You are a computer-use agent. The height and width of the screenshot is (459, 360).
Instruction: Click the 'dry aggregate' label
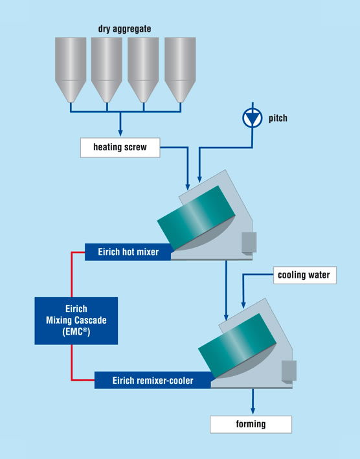(x=125, y=29)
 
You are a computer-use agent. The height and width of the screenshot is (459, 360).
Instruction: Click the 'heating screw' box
(x=120, y=148)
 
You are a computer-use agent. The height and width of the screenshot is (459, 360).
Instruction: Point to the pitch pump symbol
(x=253, y=118)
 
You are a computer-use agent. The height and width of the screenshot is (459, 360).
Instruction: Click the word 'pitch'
(x=278, y=118)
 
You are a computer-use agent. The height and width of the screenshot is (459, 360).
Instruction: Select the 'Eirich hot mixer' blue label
(x=128, y=252)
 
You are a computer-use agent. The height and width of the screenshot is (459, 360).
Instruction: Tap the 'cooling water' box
(x=305, y=275)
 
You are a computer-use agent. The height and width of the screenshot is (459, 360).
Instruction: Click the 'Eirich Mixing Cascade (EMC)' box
(x=76, y=320)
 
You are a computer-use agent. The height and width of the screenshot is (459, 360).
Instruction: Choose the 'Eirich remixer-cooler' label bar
(x=153, y=380)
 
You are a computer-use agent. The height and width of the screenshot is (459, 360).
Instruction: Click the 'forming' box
(x=251, y=424)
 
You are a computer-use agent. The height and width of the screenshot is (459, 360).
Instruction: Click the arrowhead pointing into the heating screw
(x=120, y=133)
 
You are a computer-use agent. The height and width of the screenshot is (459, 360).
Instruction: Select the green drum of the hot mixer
(x=196, y=218)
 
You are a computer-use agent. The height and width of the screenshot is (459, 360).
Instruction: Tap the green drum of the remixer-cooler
(x=237, y=346)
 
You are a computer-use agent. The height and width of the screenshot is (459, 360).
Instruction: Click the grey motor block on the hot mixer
(x=249, y=242)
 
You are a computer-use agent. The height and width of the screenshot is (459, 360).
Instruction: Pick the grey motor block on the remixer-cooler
(x=289, y=371)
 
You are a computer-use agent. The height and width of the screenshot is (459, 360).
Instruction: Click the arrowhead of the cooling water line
(x=243, y=305)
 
